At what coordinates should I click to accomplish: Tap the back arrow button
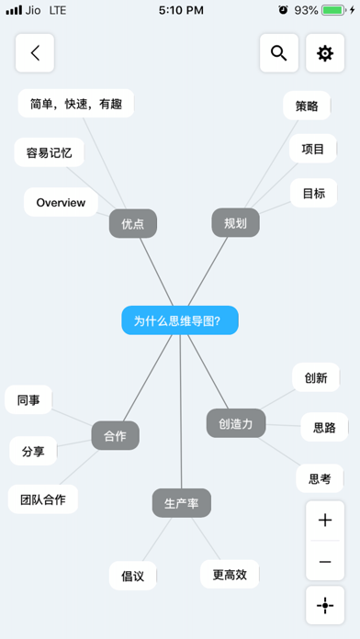35,53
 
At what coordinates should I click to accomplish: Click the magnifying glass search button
278,53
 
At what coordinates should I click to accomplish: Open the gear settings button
324,53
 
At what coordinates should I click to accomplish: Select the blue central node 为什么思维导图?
180,320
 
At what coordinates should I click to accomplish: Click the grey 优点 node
132,223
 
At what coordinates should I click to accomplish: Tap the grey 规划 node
235,223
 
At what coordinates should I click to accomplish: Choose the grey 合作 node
115,435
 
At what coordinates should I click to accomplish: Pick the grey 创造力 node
236,423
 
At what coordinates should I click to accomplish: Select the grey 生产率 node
182,503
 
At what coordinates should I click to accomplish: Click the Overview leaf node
61,202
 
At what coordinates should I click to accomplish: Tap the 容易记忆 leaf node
43,152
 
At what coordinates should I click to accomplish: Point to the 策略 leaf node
307,106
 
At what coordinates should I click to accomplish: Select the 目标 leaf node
313,194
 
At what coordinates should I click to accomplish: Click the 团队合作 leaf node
43,499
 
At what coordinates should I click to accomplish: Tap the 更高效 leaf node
230,575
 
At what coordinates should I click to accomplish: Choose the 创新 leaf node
316,377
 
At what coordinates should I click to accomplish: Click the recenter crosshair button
324,605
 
